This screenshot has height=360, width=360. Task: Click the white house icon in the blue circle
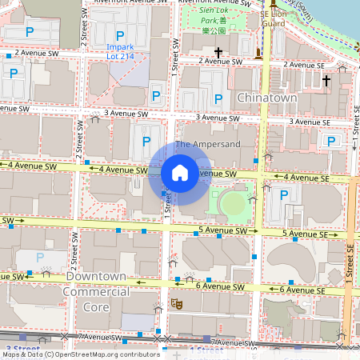click(x=179, y=173)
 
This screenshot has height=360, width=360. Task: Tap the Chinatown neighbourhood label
click(x=267, y=97)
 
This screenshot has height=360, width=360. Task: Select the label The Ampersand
click(x=206, y=144)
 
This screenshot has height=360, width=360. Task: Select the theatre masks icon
click(x=175, y=305)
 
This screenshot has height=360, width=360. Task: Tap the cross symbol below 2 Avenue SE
click(x=326, y=80)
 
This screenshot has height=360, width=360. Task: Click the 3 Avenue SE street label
click(x=309, y=122)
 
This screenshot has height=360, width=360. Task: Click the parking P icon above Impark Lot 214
click(x=120, y=35)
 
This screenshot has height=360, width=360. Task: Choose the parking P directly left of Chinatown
click(x=218, y=98)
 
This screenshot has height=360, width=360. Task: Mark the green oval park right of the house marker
click(x=234, y=204)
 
